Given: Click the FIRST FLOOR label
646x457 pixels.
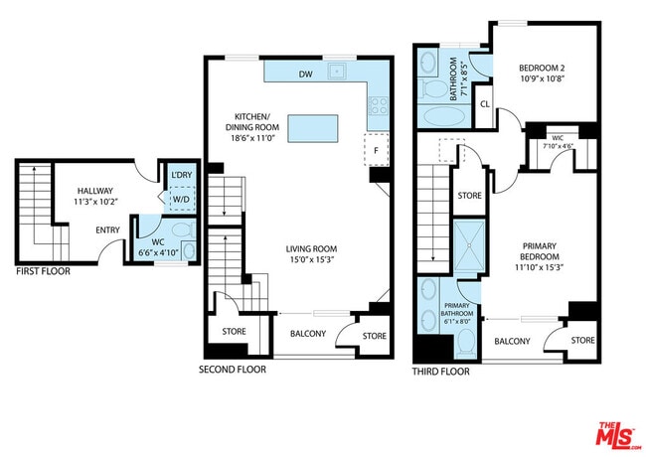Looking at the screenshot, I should (43, 270).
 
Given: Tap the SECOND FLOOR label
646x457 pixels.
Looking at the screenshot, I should (233, 370).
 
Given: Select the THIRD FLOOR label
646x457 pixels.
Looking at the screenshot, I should (440, 372).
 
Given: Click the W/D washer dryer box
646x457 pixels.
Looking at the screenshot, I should (181, 199).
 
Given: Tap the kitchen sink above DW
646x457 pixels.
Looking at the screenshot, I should (339, 71).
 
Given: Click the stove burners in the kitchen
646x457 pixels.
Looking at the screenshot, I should (378, 103).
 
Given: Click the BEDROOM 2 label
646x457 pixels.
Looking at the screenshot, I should (542, 69).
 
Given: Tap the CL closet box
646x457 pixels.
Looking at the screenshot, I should (484, 103).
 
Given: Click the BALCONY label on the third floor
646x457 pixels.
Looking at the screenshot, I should (512, 341).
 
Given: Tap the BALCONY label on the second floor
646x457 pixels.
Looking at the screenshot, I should (308, 333).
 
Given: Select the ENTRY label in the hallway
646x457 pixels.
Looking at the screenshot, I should (109, 230).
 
